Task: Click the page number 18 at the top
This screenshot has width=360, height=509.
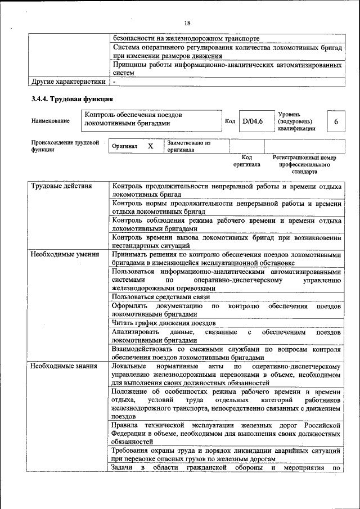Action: tap(187, 22)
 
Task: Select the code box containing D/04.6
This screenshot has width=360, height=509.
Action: tap(253, 121)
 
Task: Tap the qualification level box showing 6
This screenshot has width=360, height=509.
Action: tap(336, 121)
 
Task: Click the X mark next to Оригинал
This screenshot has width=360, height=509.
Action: tap(150, 146)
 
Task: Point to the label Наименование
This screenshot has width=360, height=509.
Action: tap(51, 121)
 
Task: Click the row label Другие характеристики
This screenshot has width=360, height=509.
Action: tap(69, 82)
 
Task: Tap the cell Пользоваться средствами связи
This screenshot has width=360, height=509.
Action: tap(161, 296)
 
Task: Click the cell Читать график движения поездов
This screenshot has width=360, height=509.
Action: tap(164, 323)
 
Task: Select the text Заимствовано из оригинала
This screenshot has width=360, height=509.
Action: tap(188, 146)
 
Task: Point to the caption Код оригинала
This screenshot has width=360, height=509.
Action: tap(246, 161)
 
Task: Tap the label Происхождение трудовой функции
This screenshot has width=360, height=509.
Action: tap(65, 146)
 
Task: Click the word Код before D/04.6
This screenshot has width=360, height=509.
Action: tap(229, 121)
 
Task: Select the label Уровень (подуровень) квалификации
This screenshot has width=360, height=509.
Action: tap(296, 121)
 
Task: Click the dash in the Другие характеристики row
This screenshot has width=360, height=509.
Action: tap(114, 82)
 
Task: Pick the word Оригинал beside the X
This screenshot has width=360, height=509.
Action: tap(125, 146)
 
